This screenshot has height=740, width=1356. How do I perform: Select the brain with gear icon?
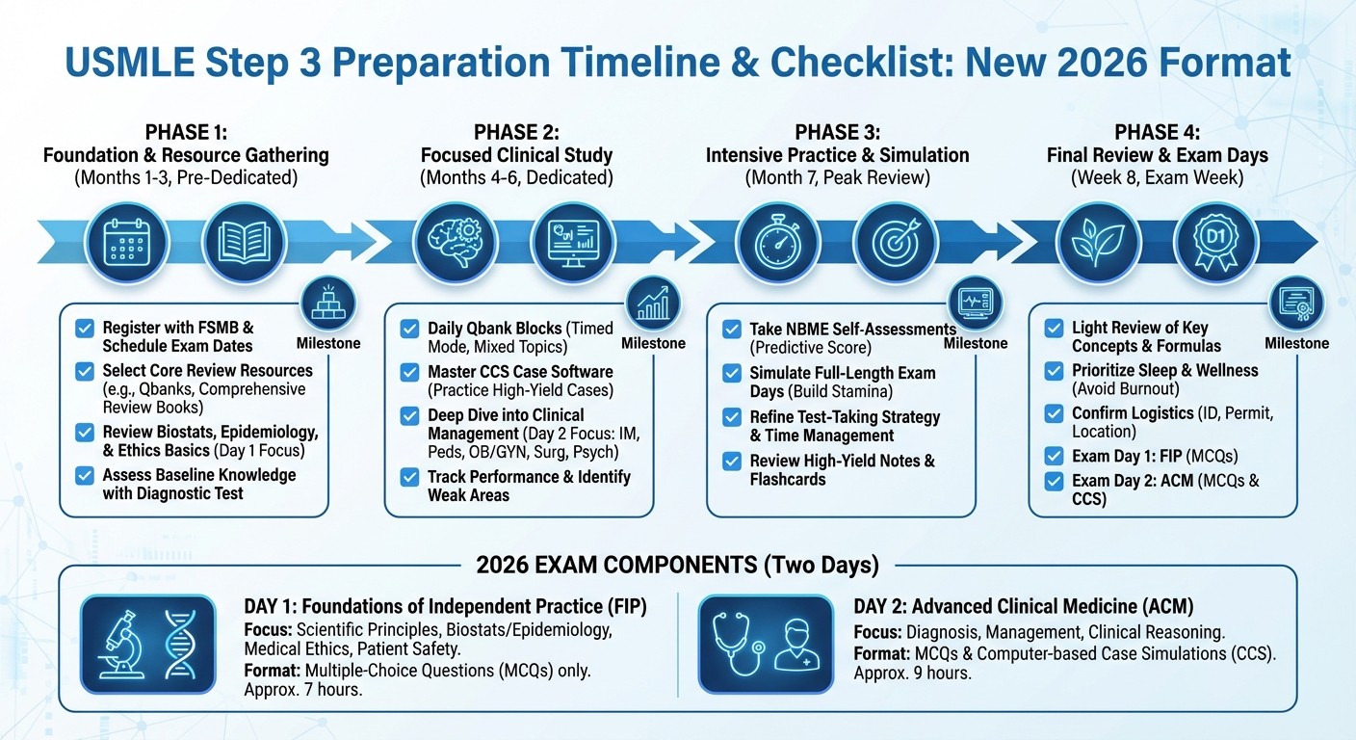click(450, 242)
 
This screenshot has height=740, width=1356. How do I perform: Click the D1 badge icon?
click(1215, 242)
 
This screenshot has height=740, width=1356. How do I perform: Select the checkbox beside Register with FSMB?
click(85, 329)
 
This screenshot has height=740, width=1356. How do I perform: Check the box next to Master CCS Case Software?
click(410, 372)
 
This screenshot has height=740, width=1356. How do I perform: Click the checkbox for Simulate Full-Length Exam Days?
click(732, 373)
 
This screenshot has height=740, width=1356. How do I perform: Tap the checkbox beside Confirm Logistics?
click(1055, 413)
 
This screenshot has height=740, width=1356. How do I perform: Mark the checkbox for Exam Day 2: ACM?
click(1055, 480)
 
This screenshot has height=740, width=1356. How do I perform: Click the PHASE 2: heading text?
click(516, 132)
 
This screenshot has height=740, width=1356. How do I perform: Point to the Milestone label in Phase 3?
click(976, 343)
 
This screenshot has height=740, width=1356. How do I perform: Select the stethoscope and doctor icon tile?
click(766, 644)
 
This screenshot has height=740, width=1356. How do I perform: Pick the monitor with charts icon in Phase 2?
click(569, 242)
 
